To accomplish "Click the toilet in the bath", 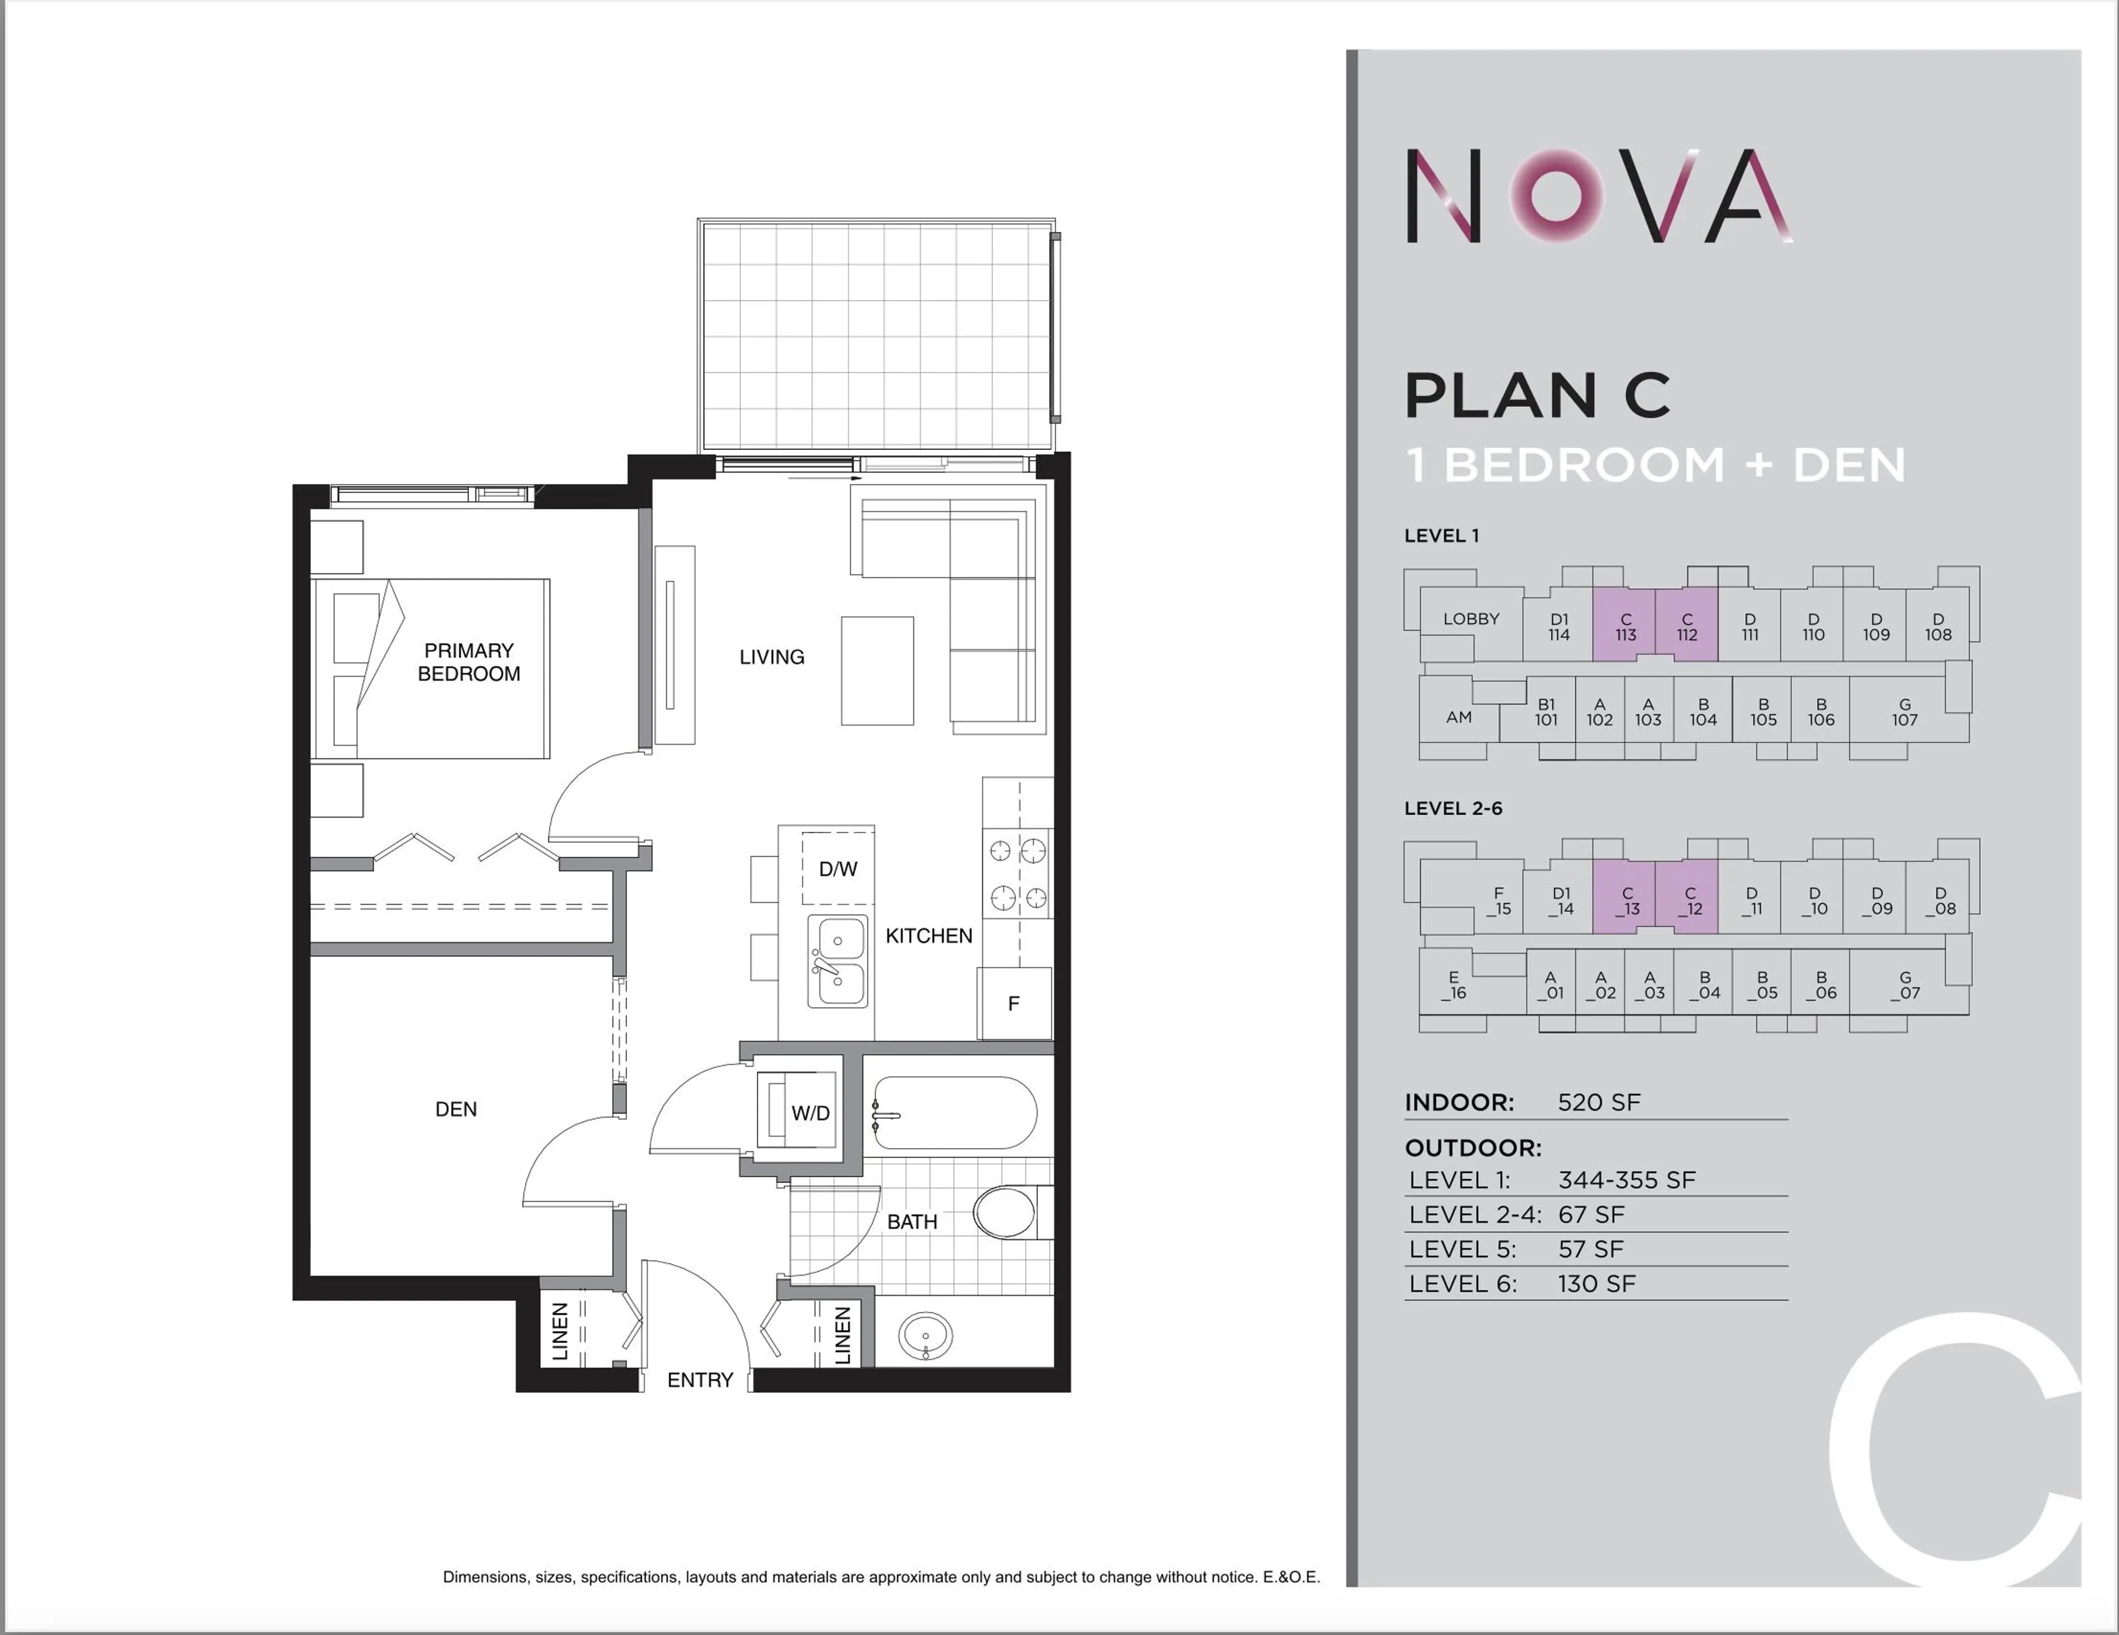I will [x=1006, y=1212].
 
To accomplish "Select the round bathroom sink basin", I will [x=925, y=1336].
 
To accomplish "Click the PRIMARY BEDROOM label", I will [x=468, y=662].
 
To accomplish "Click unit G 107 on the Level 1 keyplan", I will [x=1904, y=712].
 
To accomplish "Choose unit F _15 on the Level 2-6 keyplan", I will [x=1498, y=900].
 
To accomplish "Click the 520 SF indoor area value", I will [x=1598, y=1102].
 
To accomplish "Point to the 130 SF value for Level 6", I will [x=1596, y=1284].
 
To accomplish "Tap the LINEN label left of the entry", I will [x=560, y=1331].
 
